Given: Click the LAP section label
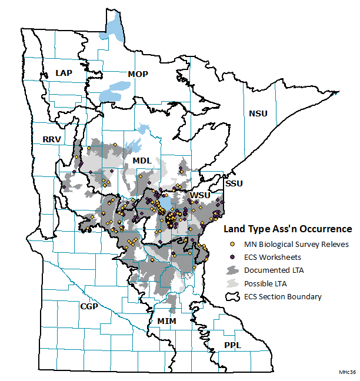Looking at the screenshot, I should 64,72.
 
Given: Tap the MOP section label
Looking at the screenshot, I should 138,74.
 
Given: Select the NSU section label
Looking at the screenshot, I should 258,113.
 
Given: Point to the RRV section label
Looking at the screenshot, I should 52,139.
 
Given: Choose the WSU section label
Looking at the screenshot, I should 199,195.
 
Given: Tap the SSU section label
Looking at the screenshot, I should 234,184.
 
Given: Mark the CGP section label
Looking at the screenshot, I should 89,306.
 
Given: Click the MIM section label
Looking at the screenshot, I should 167,320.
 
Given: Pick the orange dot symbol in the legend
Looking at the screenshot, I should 233,244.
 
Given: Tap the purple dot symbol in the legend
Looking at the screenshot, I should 233,257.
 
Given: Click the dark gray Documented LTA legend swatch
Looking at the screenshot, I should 233,270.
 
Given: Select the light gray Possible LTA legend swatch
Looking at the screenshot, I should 233,283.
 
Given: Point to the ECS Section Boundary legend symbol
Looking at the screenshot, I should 233,296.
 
